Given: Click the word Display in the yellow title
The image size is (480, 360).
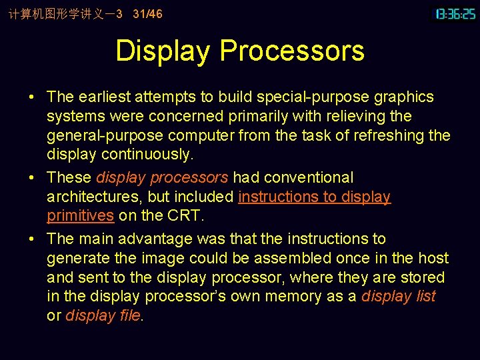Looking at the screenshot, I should [163, 51].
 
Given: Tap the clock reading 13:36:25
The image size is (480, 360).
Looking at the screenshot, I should [455, 13].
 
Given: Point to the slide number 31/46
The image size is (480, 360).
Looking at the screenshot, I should [147, 13].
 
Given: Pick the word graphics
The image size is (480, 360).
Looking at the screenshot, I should [403, 97].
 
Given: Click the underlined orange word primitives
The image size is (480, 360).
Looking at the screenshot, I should [80, 215].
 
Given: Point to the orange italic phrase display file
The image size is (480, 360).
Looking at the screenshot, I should [103, 315].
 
